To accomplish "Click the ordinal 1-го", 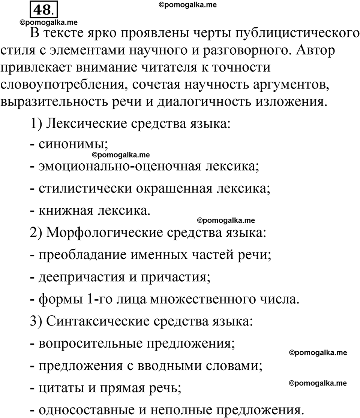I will (102, 300).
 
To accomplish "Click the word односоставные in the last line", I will (83, 409).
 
